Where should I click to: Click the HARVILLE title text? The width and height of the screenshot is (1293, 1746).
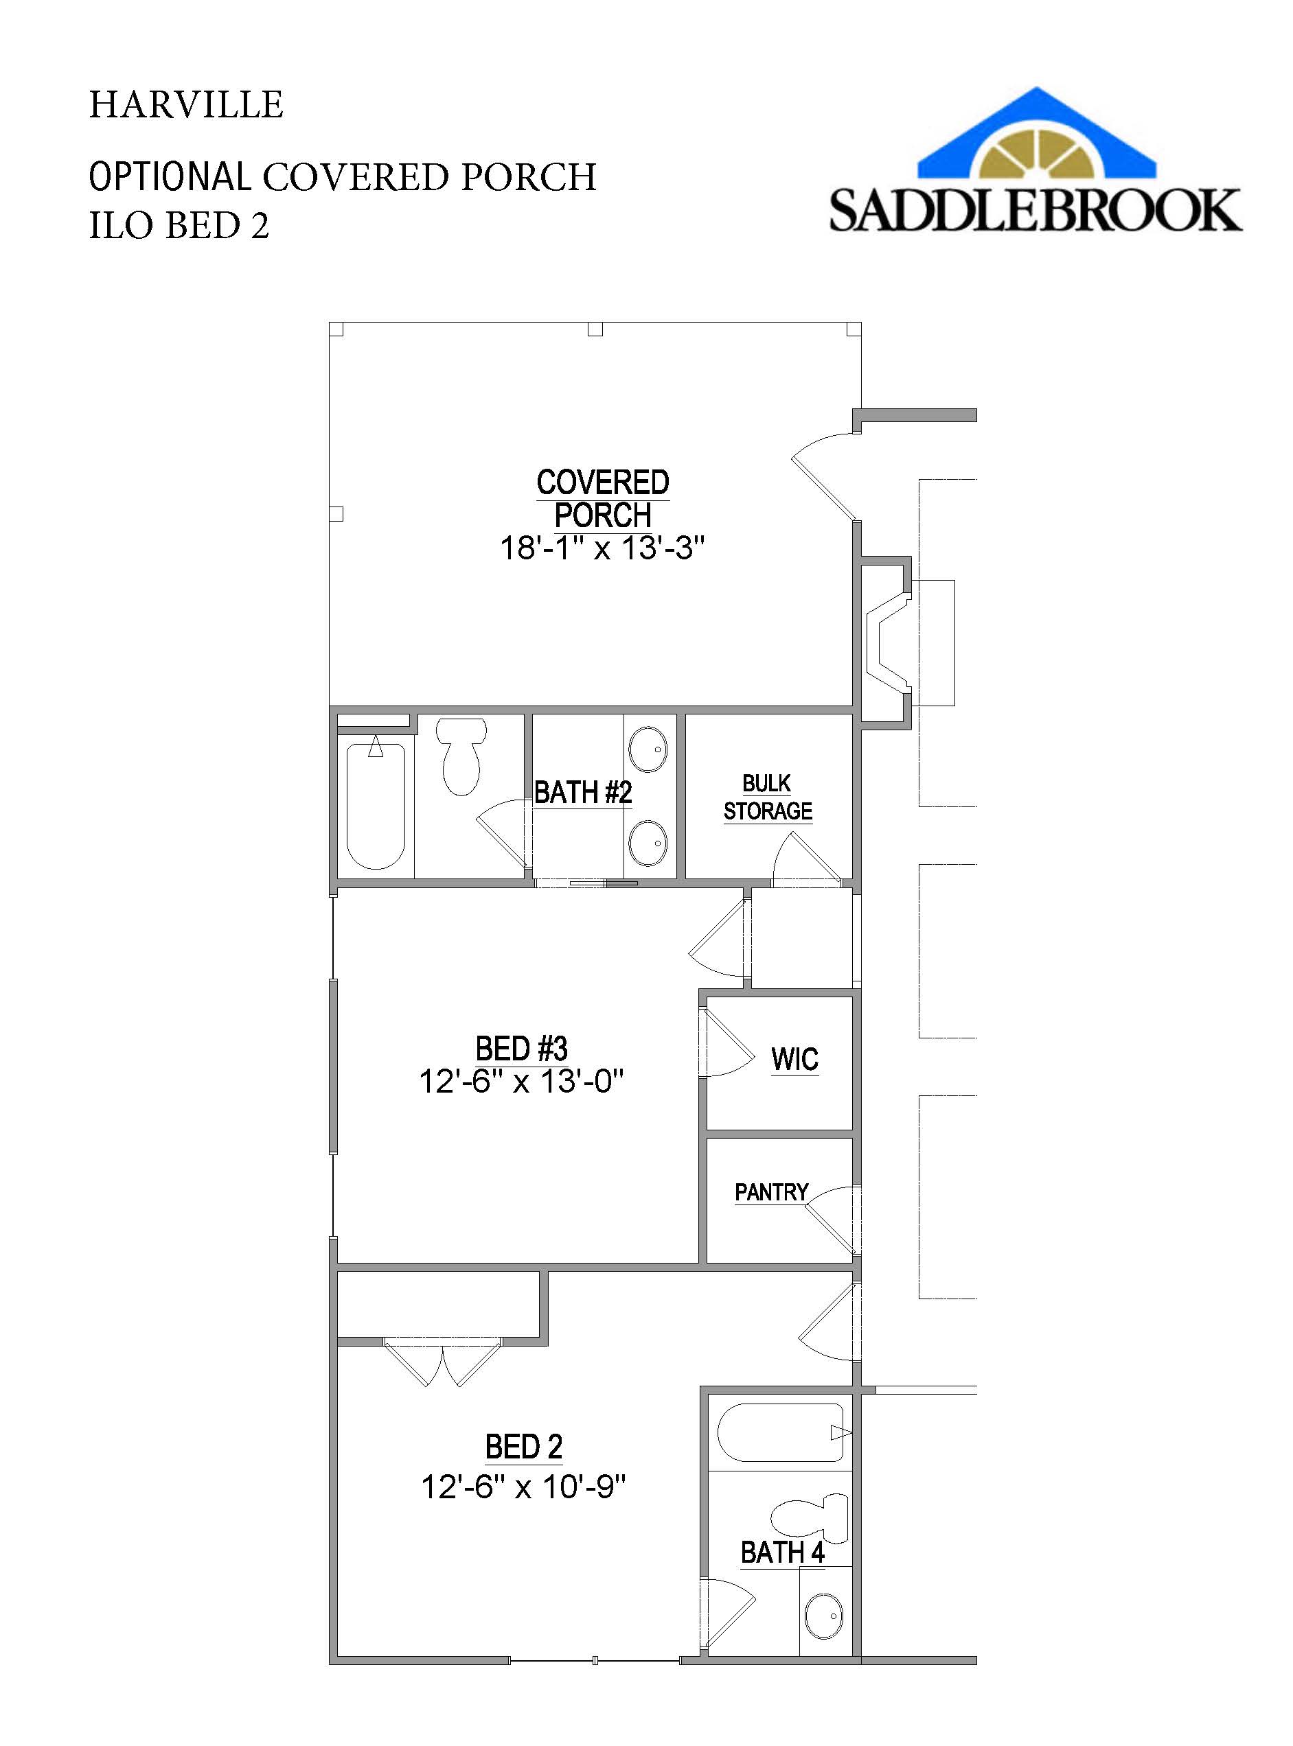click(185, 105)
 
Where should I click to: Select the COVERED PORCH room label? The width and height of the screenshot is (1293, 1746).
click(602, 499)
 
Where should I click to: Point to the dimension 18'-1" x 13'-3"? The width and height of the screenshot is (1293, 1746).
click(602, 548)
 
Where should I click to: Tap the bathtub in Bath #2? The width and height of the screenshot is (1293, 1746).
click(376, 806)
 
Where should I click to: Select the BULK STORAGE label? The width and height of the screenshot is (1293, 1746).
click(767, 797)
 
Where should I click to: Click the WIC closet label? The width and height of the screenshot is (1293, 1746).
click(794, 1060)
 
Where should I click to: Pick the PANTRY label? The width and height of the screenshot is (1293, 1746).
click(771, 1192)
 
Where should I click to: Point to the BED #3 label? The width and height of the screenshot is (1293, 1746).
click(521, 1049)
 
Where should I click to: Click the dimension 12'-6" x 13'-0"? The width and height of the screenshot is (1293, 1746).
click(521, 1082)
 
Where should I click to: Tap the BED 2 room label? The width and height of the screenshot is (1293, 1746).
click(524, 1447)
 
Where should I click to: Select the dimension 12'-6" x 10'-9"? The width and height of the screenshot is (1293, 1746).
click(524, 1487)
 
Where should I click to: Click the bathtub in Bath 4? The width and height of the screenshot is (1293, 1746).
click(780, 1433)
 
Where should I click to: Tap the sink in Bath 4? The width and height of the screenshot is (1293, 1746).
click(823, 1616)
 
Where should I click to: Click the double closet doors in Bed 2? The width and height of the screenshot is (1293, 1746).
click(443, 1363)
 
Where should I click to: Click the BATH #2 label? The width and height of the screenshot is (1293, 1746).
click(582, 793)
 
